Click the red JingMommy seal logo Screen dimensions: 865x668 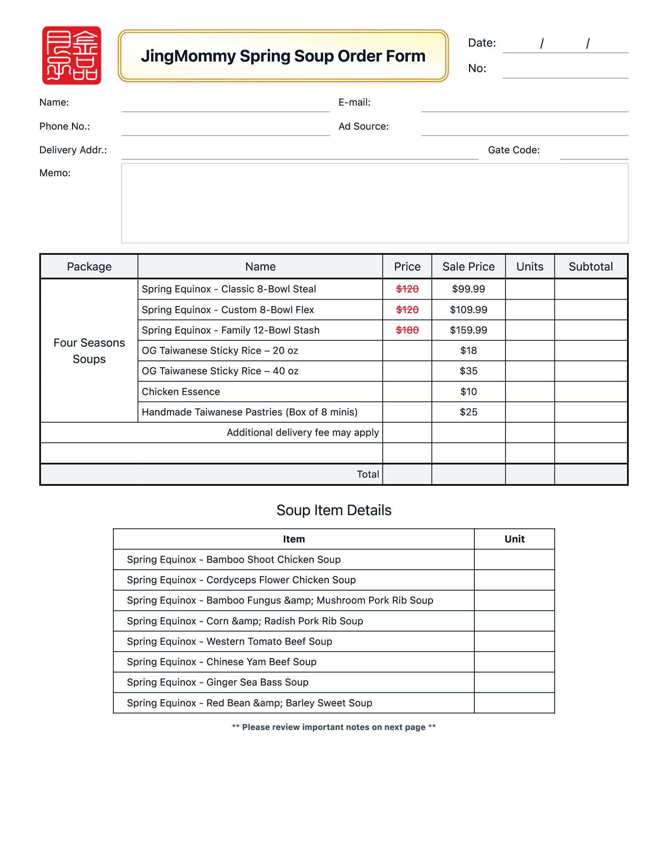point(72,55)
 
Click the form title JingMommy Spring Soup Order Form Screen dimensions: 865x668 point(283,56)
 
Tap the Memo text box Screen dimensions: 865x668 point(374,203)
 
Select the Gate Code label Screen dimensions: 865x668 point(513,150)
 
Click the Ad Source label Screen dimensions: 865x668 point(363,126)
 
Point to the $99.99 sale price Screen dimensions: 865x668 point(468,289)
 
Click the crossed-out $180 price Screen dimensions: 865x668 point(407,330)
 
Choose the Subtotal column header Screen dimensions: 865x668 point(591,266)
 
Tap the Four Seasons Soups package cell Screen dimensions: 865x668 point(89,351)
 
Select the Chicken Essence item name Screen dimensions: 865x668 point(181,392)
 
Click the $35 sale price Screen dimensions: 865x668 point(468,371)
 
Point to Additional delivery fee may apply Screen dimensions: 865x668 point(303,432)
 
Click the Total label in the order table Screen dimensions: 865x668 point(367,474)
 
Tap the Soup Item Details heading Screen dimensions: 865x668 point(334,510)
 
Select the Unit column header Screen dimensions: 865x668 point(514,539)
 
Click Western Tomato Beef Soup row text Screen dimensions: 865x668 point(230,641)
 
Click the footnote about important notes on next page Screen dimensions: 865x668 point(334,727)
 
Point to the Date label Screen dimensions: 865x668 point(482,43)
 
